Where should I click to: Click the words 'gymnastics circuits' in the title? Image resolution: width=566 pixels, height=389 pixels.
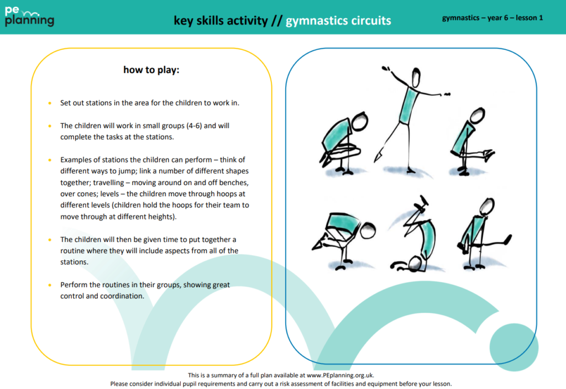pos(338,20)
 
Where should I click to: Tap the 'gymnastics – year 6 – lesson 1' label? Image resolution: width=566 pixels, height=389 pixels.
pos(492,18)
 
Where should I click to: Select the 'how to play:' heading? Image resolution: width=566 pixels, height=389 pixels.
pos(151,70)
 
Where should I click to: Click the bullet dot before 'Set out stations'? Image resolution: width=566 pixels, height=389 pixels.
pos(49,103)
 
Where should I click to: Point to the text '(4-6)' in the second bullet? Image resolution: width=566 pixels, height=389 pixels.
pos(195,125)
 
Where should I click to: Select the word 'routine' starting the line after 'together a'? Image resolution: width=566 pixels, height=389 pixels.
pos(73,250)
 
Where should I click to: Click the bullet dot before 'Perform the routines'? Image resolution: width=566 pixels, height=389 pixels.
pos(49,285)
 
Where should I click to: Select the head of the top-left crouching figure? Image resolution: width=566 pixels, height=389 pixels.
pos(360,121)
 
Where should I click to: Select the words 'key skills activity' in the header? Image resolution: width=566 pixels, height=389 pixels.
pos(221,20)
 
